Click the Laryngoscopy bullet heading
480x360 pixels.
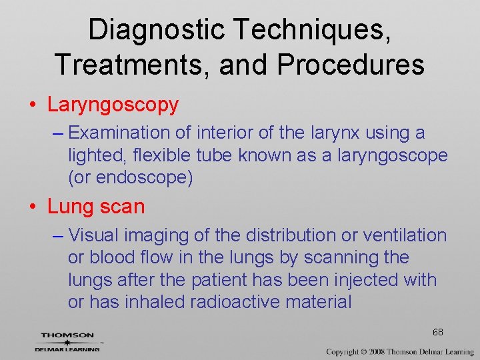(113, 105)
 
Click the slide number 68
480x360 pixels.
(437, 332)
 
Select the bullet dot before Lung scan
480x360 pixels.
(32, 207)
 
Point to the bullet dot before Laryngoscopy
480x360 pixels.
(32, 105)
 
